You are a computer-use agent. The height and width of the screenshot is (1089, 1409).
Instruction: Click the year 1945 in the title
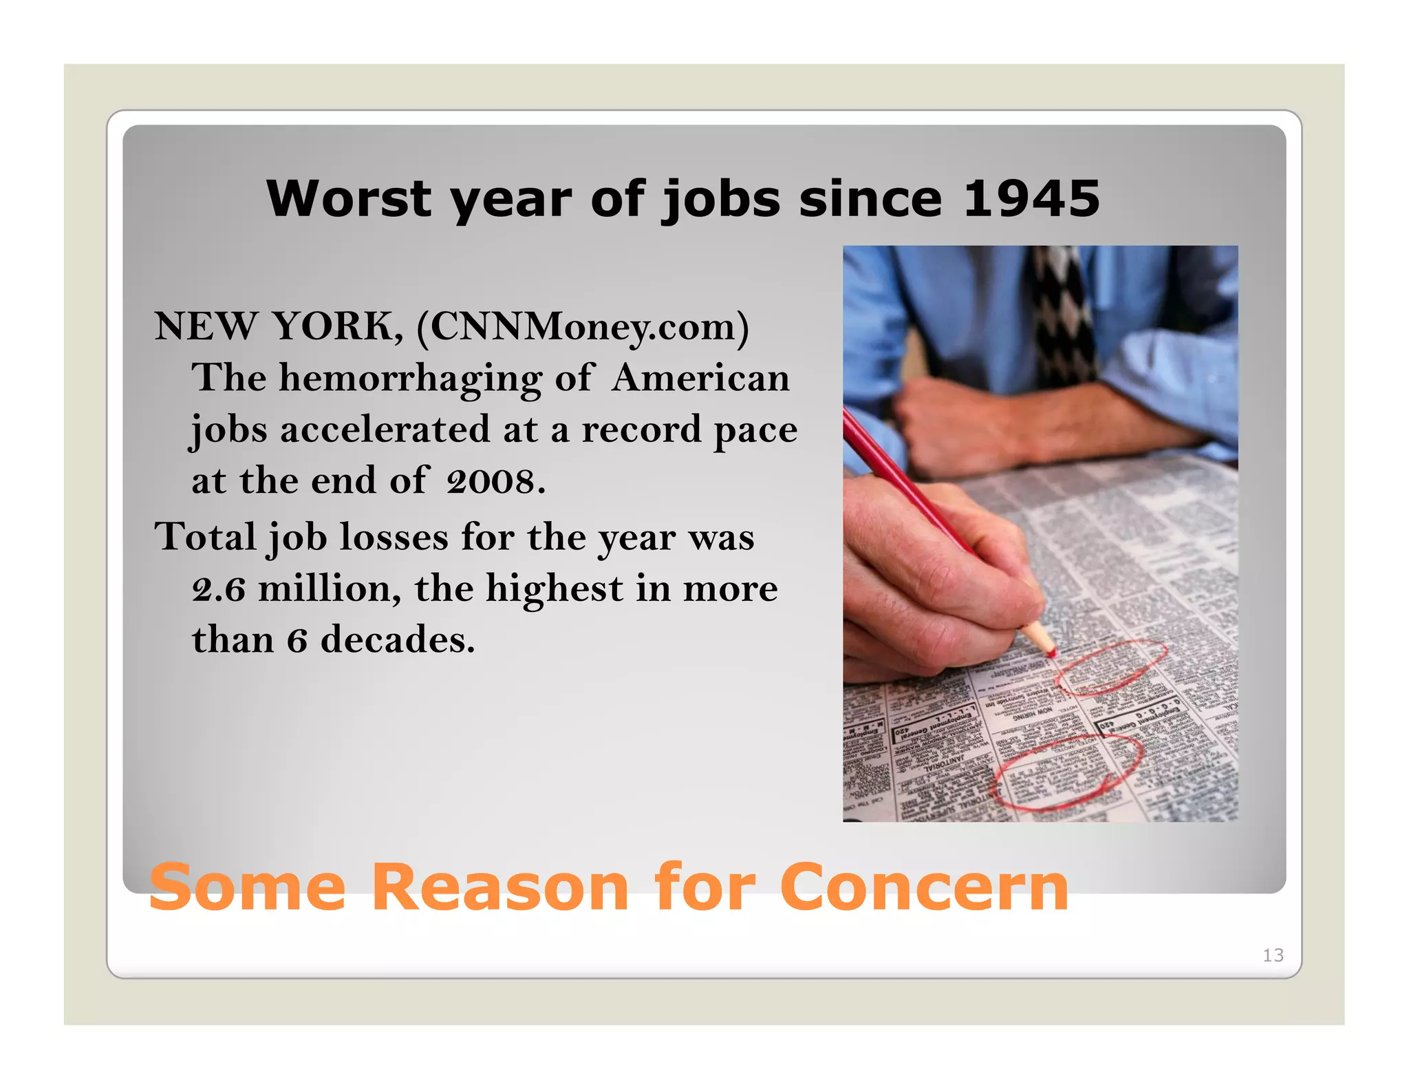click(1031, 199)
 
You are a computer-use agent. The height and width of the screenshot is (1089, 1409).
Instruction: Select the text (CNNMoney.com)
click(583, 326)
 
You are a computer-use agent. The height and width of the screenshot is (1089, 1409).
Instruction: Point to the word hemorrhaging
click(410, 379)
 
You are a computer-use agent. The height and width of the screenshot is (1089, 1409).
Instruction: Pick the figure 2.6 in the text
click(219, 589)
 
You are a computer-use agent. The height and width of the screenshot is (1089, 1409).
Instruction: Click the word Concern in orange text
click(924, 887)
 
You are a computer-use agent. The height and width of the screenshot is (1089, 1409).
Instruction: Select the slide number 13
click(1273, 955)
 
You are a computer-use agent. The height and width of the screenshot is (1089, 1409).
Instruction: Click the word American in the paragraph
click(700, 379)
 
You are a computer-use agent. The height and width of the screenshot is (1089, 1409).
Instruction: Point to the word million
click(329, 589)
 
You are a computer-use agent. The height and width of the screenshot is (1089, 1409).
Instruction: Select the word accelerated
click(385, 430)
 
